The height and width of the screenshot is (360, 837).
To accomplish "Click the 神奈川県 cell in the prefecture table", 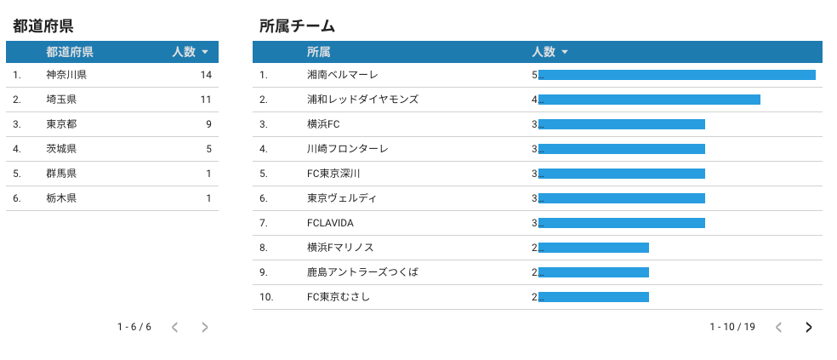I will click(x=66, y=75).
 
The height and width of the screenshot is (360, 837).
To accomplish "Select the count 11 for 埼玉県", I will click(x=205, y=100).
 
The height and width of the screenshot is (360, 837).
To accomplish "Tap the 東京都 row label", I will click(x=61, y=124).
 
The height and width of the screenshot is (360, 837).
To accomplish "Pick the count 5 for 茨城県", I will click(x=208, y=149).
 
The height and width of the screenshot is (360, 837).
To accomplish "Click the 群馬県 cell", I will click(x=61, y=174).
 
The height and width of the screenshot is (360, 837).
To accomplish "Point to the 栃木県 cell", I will click(x=61, y=198).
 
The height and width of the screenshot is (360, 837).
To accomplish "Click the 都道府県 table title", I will click(x=43, y=26).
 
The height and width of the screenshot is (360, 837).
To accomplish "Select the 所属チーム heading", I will click(x=297, y=26).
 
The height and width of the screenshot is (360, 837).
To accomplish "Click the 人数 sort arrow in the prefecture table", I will click(x=206, y=52).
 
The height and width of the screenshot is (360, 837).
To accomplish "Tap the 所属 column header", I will click(x=319, y=52).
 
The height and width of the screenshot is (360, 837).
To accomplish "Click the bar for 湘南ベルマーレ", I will click(x=676, y=75).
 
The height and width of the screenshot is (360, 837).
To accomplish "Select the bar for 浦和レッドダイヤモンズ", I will click(x=649, y=100).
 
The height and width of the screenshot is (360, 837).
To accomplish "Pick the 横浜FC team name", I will click(x=323, y=124).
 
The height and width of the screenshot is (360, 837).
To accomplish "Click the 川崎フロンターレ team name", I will click(x=347, y=149).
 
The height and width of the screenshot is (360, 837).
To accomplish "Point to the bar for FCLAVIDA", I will click(x=621, y=223).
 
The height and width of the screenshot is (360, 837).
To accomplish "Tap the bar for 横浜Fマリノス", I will click(x=593, y=248).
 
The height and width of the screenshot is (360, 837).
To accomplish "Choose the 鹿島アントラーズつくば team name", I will click(x=362, y=272).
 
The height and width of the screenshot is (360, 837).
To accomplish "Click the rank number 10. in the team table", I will click(x=266, y=297).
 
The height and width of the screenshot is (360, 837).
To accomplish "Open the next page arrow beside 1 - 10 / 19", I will click(x=808, y=327).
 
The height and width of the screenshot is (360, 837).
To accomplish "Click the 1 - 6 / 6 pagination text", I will click(x=134, y=327).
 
